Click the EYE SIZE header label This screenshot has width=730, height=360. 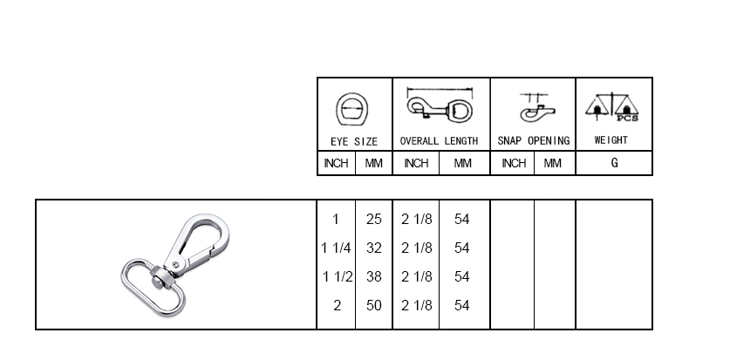coord(354,141)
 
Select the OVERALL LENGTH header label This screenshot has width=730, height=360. coord(439,141)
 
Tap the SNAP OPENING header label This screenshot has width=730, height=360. coord(534,141)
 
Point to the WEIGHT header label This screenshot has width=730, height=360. coord(611,140)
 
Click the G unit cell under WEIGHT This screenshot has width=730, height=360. coord(615,163)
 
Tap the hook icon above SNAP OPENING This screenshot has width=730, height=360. coord(537,107)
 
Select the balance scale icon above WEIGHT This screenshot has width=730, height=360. coord(611,107)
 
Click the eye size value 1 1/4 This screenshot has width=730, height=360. coord(336,248)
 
